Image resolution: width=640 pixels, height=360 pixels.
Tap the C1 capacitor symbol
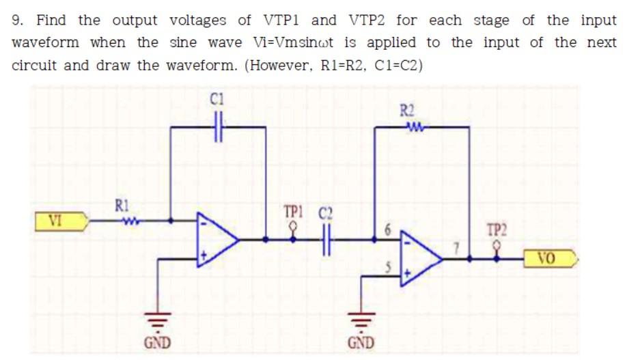click(x=218, y=127)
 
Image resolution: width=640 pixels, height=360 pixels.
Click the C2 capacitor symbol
click(x=324, y=240)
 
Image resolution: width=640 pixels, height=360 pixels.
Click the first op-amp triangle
click(x=218, y=240)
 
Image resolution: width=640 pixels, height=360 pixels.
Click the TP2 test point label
click(x=497, y=230)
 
